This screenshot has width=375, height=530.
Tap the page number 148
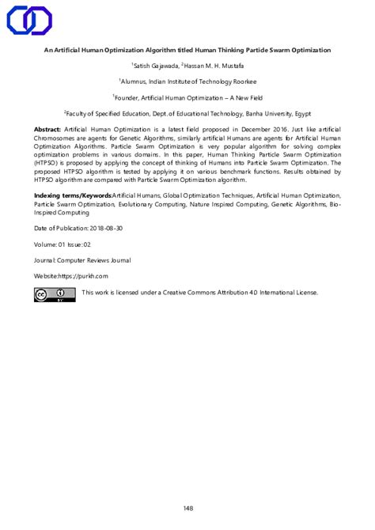tap(187, 486)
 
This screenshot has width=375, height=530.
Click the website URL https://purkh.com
tap(83, 276)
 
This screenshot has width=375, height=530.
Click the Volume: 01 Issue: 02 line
tap(68, 244)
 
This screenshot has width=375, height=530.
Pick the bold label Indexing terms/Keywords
tap(72, 195)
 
